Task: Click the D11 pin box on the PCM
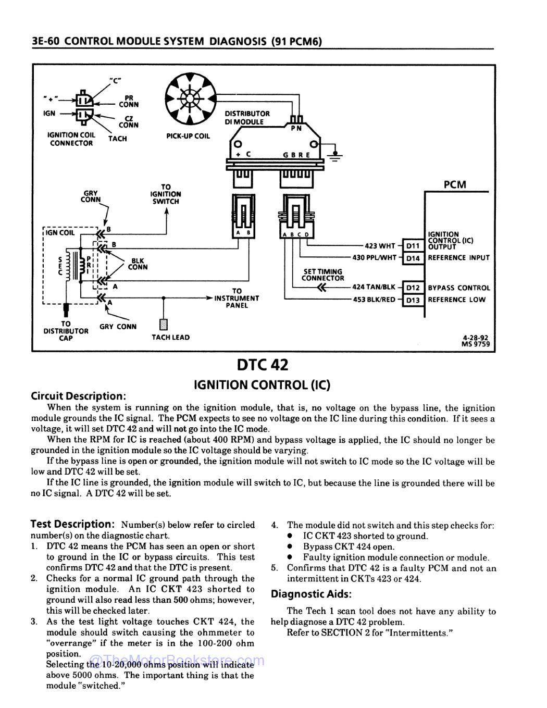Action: coord(413,245)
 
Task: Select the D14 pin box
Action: coord(413,257)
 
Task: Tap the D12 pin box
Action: coord(413,288)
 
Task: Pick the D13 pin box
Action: coord(413,300)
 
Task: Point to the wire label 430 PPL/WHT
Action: coord(374,257)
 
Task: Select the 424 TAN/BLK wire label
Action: coord(374,287)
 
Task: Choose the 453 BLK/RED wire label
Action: coord(374,300)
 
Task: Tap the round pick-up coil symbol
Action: coord(190,98)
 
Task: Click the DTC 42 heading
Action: coord(262,364)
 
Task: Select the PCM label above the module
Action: coord(454,184)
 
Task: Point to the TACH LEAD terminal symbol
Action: coord(164,324)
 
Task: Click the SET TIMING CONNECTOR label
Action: coord(322,275)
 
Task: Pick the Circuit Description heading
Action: coord(78,395)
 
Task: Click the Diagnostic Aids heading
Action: coord(311,594)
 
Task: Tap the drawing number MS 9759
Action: coord(475,344)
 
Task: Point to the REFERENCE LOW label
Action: coord(456,300)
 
